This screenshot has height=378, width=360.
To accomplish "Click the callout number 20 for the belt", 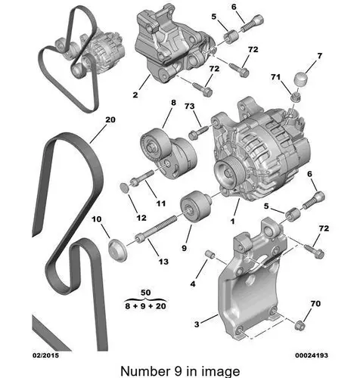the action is click(x=110, y=120).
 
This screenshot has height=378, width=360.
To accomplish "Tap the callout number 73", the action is click(x=189, y=107).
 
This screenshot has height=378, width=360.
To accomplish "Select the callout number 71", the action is click(x=275, y=77).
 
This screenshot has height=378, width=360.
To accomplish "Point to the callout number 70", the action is click(x=315, y=304).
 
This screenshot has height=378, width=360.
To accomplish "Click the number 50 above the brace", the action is click(x=146, y=293).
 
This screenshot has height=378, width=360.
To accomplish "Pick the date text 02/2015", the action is click(x=45, y=355).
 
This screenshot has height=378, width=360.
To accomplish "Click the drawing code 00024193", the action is click(x=312, y=355).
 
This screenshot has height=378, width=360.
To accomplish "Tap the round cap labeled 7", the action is click(x=302, y=79).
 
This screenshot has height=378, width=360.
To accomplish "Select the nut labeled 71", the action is click(x=295, y=96).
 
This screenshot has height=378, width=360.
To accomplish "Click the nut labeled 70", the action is click(x=300, y=325).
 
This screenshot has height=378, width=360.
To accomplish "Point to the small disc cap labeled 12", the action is click(x=123, y=187).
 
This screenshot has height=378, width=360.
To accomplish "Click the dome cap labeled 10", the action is click(x=117, y=251).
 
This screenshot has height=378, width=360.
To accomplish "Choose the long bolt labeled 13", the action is click(x=156, y=228).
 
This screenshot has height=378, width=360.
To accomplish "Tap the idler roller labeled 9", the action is click(x=195, y=206).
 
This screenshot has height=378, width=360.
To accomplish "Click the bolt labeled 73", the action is click(x=199, y=132).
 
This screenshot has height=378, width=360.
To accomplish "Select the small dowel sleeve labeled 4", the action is click(x=210, y=254).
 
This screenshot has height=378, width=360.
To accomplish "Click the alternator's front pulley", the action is click(x=228, y=174).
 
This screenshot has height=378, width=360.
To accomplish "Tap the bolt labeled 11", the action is click(x=142, y=178).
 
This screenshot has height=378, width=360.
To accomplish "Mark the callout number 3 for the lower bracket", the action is click(x=197, y=324).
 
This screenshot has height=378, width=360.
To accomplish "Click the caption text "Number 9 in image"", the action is click(x=180, y=371).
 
